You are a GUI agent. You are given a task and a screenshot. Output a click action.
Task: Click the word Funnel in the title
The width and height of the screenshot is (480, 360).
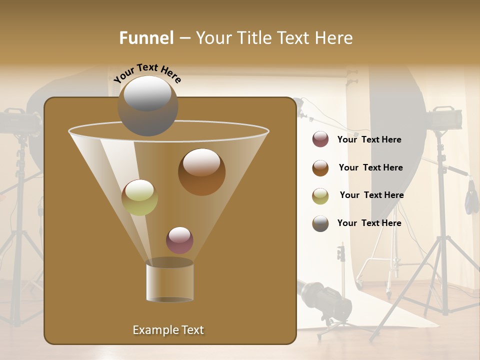point(146,38)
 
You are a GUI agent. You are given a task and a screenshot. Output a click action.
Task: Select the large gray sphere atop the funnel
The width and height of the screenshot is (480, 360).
point(147,105)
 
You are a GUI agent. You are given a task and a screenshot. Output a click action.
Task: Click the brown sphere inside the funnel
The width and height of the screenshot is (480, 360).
point(201,172)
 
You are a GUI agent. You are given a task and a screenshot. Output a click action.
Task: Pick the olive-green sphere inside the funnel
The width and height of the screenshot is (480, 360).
point(139,197)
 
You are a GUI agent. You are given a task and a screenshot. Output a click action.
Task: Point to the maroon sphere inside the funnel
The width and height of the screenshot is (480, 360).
point(179,240)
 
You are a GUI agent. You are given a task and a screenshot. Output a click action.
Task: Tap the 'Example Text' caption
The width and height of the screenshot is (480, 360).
point(168,330)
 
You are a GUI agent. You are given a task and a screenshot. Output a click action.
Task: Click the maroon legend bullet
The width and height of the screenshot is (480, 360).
point(320,139)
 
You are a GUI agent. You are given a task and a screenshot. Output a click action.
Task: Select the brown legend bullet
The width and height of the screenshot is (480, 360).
point(320,168)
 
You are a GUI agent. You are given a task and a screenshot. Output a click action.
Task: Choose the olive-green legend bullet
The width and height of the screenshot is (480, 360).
point(320,196)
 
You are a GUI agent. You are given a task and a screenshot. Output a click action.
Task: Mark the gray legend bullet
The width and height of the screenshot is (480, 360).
point(320,223)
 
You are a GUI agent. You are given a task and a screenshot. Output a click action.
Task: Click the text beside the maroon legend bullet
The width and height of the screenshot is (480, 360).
point(369,139)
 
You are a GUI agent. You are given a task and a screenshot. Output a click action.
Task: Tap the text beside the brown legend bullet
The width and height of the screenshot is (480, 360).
point(370,167)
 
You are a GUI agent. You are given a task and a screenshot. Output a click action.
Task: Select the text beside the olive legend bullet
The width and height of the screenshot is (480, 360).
point(371,195)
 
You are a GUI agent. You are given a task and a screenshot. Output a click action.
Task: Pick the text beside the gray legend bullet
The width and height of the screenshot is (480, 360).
point(369,223)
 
